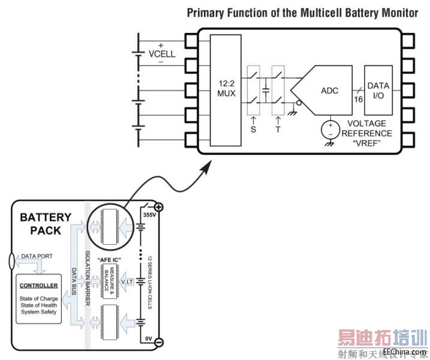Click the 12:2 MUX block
click(226, 89)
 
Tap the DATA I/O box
click(378, 91)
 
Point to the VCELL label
click(162, 53)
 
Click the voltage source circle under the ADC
click(330, 128)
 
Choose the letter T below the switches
click(278, 129)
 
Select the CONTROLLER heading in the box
click(38, 286)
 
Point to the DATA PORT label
click(38, 256)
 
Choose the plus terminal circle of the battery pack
click(159, 207)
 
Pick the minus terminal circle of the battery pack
click(159, 343)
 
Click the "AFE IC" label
click(110, 259)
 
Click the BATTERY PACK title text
click(45, 223)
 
